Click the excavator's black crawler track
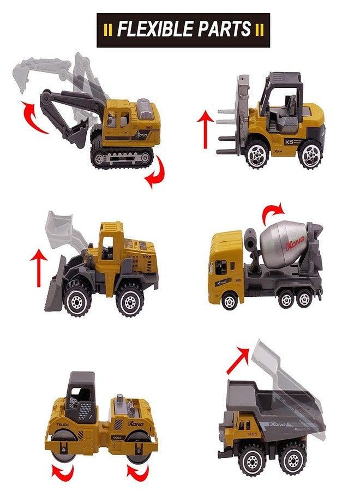pos(122,158)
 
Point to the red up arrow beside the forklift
pos(205,129)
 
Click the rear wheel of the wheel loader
pos(130,301)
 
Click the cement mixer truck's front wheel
pos(230,300)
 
